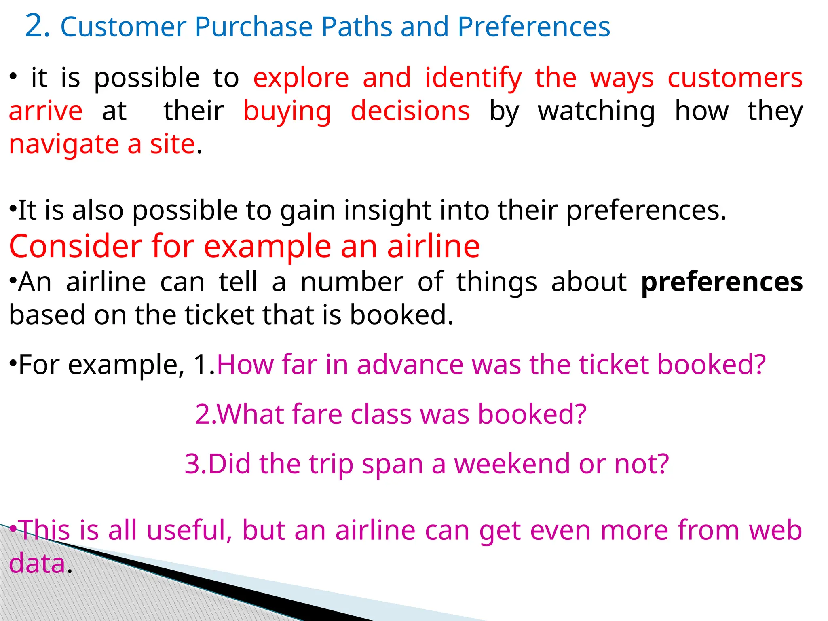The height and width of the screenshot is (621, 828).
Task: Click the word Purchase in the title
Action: pos(253,27)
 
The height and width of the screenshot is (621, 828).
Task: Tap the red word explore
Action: pos(301,78)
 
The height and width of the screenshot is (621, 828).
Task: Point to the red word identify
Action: pos(473,79)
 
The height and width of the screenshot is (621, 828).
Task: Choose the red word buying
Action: pos(287,112)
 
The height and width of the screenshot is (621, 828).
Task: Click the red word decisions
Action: pos(410,111)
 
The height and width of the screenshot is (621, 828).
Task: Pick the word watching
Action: pos(596,112)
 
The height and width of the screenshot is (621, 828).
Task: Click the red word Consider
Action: pos(75,246)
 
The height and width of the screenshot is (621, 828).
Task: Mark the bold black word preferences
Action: pos(722,283)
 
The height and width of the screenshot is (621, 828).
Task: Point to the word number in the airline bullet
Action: pos(352,282)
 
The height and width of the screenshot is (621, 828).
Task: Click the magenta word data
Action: pos(37,563)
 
